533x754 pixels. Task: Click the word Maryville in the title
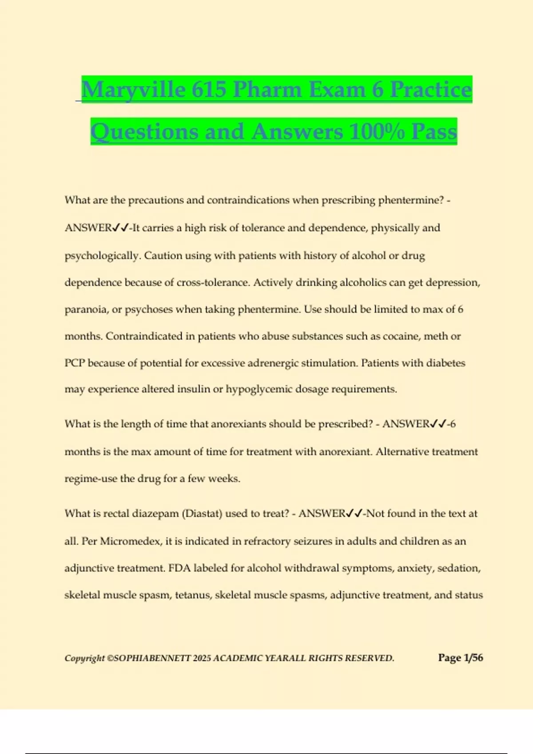point(133,90)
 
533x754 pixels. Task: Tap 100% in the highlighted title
point(377,132)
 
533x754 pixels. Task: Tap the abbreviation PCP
point(75,363)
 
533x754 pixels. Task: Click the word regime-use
point(91,479)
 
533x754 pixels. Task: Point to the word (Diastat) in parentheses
point(203,514)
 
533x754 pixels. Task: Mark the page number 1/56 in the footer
point(473,658)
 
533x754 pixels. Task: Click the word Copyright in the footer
point(84,658)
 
